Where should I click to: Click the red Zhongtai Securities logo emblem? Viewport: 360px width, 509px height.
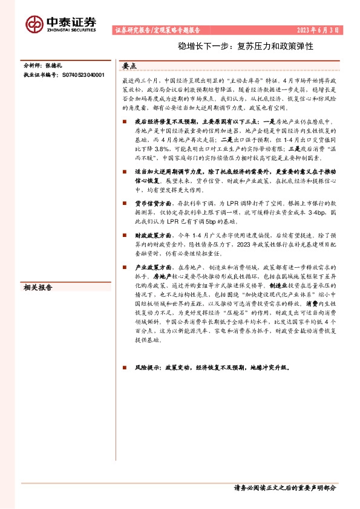coord(34,23)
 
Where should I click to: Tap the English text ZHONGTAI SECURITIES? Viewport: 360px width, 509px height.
coord(71,28)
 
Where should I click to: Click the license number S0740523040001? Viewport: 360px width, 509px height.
coord(80,76)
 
